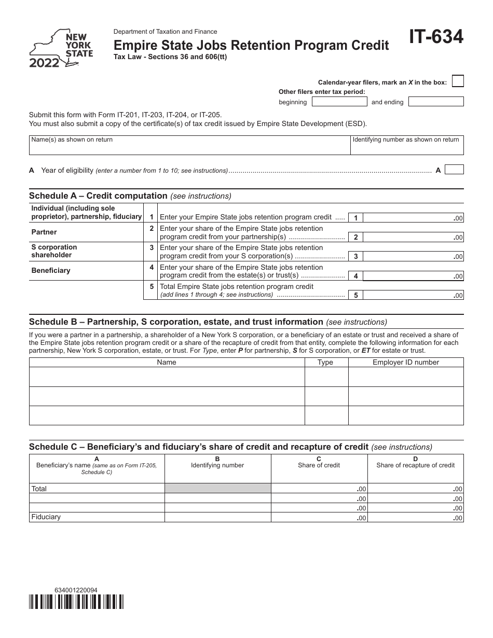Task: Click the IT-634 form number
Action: pyautogui.click(x=436, y=38)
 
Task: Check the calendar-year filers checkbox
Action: pyautogui.click(x=458, y=81)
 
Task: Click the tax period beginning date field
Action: pyautogui.click(x=339, y=102)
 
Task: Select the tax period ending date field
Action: pyautogui.click(x=436, y=102)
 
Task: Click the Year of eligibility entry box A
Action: pyautogui.click(x=455, y=170)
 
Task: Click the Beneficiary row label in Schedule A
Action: pyautogui.click(x=50, y=270)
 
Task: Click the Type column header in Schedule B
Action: pyautogui.click(x=325, y=363)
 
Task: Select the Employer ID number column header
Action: pyautogui.click(x=406, y=363)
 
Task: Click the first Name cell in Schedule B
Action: pyautogui.click(x=167, y=377)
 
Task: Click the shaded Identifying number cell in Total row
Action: pyautogui.click(x=217, y=489)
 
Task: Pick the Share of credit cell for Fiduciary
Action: pyautogui.click(x=319, y=517)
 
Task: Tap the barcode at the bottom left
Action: pyautogui.click(x=76, y=601)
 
